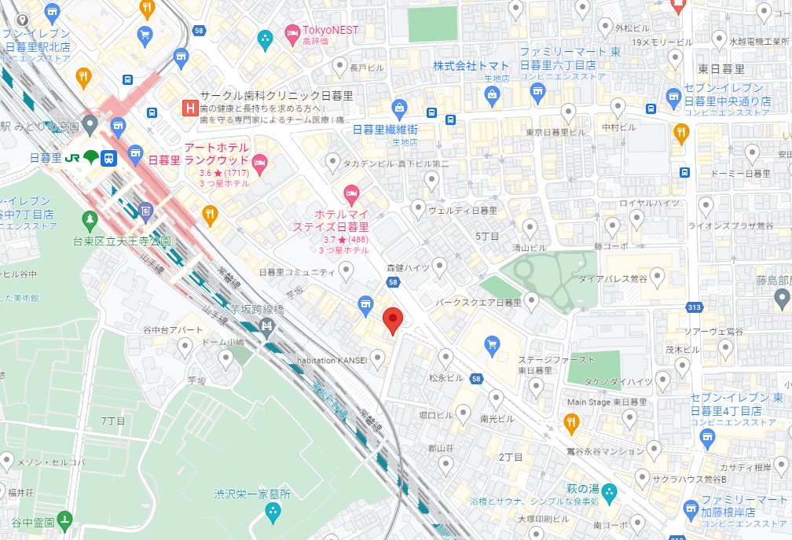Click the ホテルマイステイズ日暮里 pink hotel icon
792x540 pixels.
click(x=351, y=192)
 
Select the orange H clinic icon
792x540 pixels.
click(x=189, y=107)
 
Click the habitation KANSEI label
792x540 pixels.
click(x=331, y=360)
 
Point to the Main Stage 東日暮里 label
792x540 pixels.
click(x=607, y=402)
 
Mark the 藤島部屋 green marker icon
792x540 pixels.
click(x=782, y=298)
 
